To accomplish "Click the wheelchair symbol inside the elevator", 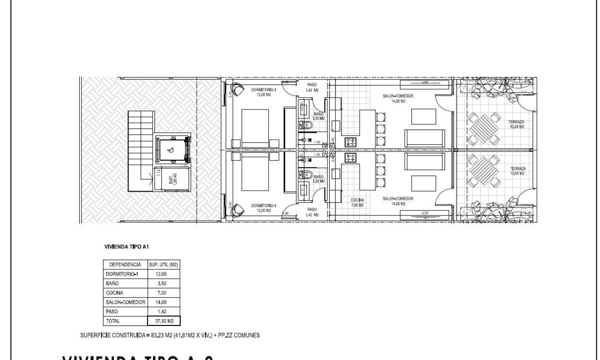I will pos(171,150).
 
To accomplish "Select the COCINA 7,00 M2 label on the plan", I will pos(357,202).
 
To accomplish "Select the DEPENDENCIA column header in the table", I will pos(125,264).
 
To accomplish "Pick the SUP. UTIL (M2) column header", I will pos(164,264).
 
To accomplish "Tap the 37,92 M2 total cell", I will pos(164,321).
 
